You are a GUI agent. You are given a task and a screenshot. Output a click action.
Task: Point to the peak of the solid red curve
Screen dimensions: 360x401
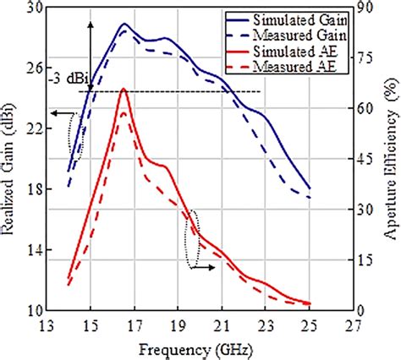coord(124,88)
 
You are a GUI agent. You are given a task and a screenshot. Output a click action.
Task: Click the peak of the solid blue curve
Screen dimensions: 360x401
coord(124,24)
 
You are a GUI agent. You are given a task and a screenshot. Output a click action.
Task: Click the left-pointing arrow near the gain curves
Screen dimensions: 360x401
coord(59,112)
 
